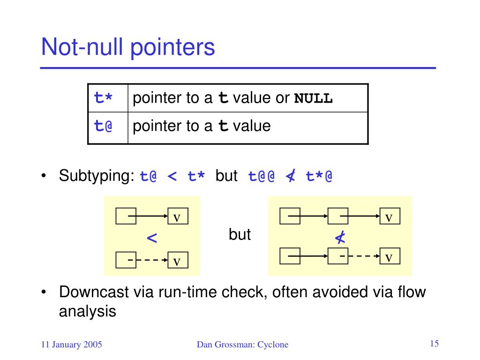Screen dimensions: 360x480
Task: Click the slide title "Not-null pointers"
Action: [x=128, y=48]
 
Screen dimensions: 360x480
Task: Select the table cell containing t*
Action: [x=104, y=98]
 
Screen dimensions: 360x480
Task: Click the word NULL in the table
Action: [x=313, y=99]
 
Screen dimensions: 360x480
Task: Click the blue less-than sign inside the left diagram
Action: [x=152, y=238]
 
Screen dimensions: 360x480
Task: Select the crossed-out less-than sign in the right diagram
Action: [x=340, y=238]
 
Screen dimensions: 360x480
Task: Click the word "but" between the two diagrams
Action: [x=240, y=234]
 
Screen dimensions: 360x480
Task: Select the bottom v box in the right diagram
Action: [x=389, y=257]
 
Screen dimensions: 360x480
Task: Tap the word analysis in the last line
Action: [x=87, y=311]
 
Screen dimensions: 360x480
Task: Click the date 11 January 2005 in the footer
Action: [x=72, y=345]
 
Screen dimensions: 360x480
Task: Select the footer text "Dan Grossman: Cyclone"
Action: [x=242, y=345]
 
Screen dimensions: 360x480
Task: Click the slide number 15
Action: [x=434, y=344]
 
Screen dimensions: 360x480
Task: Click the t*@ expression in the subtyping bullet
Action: [x=319, y=177]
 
